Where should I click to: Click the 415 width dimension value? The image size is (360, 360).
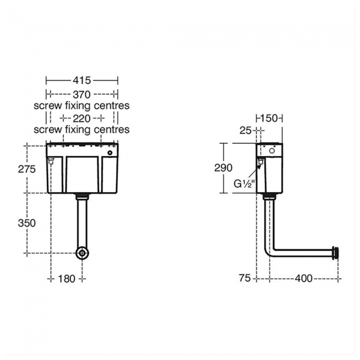click(81, 81)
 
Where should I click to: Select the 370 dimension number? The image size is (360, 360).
click(81, 94)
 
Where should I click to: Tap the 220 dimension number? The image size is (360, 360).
click(81, 118)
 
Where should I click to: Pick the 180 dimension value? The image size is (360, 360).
click(66, 279)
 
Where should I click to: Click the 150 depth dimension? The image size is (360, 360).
click(269, 118)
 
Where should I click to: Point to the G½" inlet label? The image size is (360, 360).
click(243, 184)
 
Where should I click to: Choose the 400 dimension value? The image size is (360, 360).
click(303, 278)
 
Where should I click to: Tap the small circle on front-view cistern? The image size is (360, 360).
click(110, 152)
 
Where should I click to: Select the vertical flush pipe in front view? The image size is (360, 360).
click(82, 222)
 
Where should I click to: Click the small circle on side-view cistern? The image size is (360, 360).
click(272, 151)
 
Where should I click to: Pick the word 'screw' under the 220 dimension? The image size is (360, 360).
click(46, 130)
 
